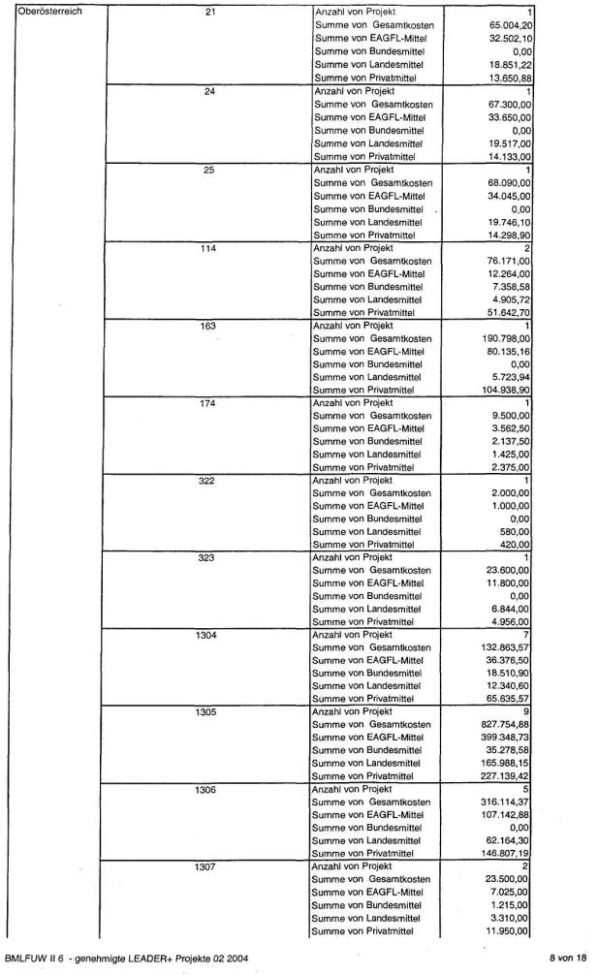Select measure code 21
(x=210, y=11)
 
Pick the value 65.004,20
(x=511, y=23)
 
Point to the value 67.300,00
(x=511, y=104)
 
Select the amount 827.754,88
(x=508, y=725)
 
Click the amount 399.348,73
(x=508, y=738)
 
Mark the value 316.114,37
(x=508, y=802)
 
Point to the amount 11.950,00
(x=511, y=931)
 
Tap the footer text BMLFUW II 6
(x=35, y=959)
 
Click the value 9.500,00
(x=514, y=416)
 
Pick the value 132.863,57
(x=508, y=647)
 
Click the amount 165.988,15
(x=508, y=763)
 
